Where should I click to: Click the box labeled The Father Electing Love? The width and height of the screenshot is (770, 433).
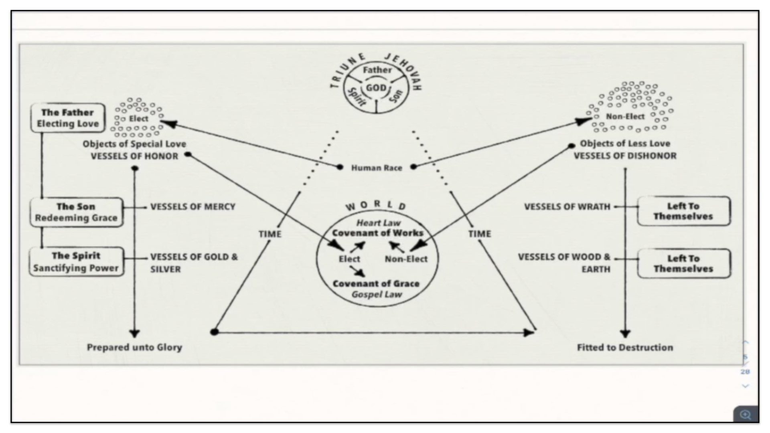pos(68,118)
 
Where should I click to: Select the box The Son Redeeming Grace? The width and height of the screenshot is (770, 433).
pos(76,212)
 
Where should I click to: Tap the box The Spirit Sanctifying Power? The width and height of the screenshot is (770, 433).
pos(76,262)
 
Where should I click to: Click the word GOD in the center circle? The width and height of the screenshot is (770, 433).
pos(376,88)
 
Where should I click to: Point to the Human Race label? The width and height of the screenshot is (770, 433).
pos(377,168)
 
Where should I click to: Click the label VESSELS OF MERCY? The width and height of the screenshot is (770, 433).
pos(192,206)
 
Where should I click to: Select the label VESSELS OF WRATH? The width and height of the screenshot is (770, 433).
pos(567,206)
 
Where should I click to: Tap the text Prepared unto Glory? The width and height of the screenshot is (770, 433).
pos(134,347)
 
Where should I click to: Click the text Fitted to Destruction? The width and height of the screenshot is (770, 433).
pos(625,347)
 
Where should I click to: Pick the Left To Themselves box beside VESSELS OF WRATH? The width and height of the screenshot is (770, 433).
pos(684,211)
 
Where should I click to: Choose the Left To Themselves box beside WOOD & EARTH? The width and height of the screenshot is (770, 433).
pos(684,263)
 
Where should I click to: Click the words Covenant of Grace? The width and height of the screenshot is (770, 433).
pos(376,283)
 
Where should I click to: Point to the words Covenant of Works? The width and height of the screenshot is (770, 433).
pos(377,233)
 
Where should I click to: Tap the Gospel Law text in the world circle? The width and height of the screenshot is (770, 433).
pos(377,295)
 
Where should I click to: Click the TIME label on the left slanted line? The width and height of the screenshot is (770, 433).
pos(270,234)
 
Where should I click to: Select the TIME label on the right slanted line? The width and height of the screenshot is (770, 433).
pos(480,234)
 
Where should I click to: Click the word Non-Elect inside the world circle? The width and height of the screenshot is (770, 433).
pos(406,259)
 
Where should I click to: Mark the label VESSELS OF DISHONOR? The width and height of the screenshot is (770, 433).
pos(625,156)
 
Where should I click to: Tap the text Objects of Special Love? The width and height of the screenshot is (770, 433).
pos(134,144)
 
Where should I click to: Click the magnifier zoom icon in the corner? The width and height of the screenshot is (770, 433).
pos(746,415)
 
